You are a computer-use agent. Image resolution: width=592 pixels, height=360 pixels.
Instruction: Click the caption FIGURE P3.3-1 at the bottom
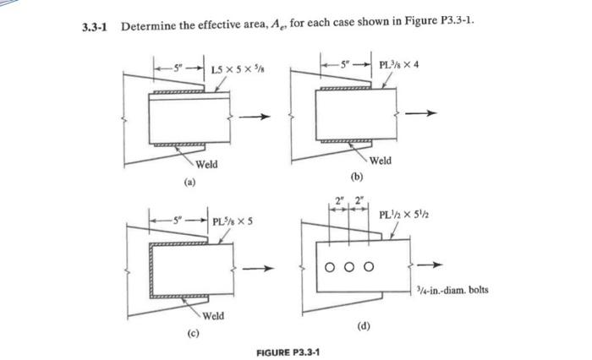click(288, 350)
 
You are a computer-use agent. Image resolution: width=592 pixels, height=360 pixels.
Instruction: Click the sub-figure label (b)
click(355, 177)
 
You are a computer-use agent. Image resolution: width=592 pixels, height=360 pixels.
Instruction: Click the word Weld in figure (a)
click(206, 163)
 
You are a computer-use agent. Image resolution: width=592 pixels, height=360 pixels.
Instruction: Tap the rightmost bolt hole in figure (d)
click(369, 268)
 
